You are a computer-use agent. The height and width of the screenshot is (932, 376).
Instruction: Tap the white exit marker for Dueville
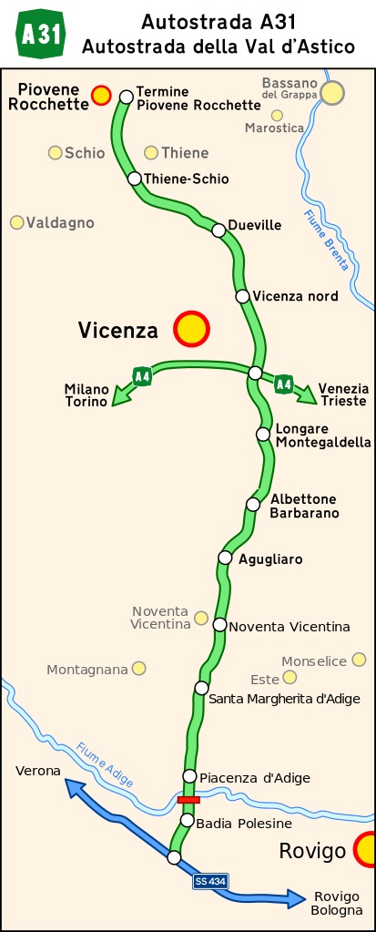point(218,230)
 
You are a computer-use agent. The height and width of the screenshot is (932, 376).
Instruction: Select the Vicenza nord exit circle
point(242,295)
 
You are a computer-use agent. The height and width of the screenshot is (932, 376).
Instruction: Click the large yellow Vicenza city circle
point(191,329)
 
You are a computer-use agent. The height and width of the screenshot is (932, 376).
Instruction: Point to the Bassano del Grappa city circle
point(332,92)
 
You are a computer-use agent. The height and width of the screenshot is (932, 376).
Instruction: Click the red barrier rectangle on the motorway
point(188,799)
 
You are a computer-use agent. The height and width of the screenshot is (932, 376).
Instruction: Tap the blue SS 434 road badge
point(210,881)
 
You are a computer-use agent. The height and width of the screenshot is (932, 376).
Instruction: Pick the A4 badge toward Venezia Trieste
point(284,383)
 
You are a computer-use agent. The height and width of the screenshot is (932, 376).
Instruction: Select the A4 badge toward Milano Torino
point(141,375)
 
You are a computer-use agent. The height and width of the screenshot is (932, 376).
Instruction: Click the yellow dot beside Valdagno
point(16,222)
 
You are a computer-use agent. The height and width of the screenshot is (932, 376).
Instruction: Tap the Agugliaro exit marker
point(225,558)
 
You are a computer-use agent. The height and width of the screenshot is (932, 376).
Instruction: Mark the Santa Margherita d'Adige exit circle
point(201,687)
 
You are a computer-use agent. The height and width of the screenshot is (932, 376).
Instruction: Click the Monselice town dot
point(359,660)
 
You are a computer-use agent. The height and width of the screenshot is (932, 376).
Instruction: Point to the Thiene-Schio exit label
point(187,179)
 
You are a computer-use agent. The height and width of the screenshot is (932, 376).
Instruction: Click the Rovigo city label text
point(312,852)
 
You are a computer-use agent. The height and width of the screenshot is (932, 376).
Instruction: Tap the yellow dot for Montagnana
point(138,668)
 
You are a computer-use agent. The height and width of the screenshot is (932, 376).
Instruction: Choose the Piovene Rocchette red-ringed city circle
point(101,94)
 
